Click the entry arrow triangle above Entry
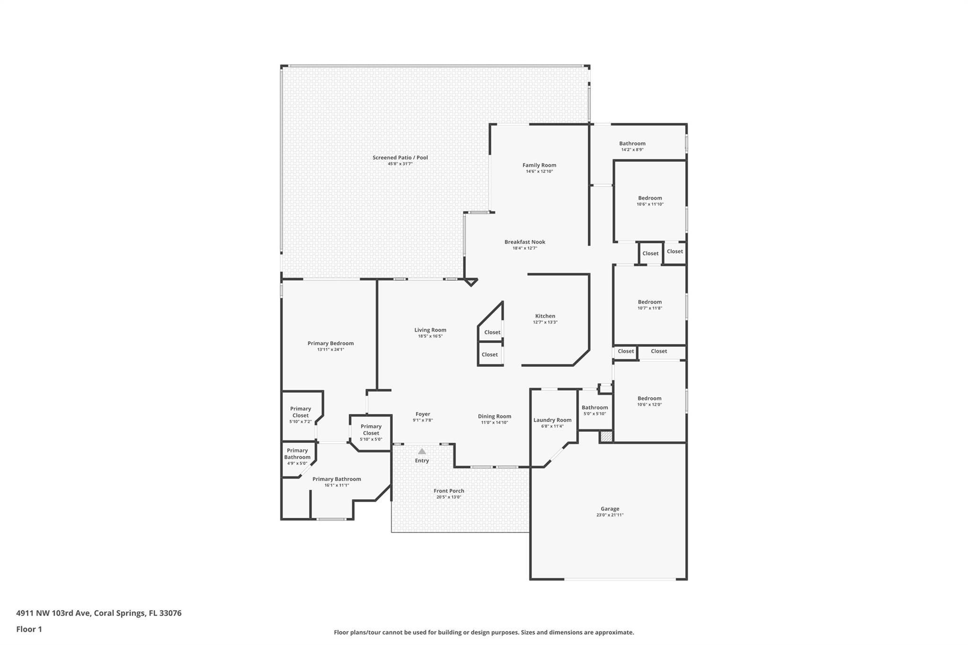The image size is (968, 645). pyautogui.click(x=422, y=451)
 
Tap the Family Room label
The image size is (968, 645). pyautogui.click(x=539, y=165)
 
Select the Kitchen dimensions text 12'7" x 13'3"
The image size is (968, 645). pyautogui.click(x=545, y=322)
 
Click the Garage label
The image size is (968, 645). pyautogui.click(x=610, y=509)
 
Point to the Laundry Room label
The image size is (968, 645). pyautogui.click(x=552, y=420)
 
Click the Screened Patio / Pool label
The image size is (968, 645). pyautogui.click(x=400, y=157)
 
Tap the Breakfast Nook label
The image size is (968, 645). pyautogui.click(x=525, y=242)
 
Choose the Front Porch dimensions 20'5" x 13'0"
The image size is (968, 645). pyautogui.click(x=449, y=497)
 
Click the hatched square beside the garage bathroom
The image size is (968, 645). pyautogui.click(x=606, y=437)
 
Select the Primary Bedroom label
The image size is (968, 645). pyautogui.click(x=330, y=344)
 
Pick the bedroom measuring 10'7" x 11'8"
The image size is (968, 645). pyautogui.click(x=649, y=305)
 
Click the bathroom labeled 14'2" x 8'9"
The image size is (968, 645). pyautogui.click(x=632, y=146)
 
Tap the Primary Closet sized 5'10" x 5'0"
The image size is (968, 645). pyautogui.click(x=371, y=432)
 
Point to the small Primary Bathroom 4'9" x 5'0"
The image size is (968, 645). pyautogui.click(x=297, y=456)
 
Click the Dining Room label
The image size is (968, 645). pyautogui.click(x=494, y=416)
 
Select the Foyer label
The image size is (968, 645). pyautogui.click(x=423, y=414)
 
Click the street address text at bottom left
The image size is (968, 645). pyautogui.click(x=99, y=613)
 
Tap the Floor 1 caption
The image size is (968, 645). pyautogui.click(x=29, y=629)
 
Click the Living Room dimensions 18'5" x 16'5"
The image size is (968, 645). pyautogui.click(x=430, y=336)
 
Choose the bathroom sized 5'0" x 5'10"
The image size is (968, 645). pyautogui.click(x=595, y=410)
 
